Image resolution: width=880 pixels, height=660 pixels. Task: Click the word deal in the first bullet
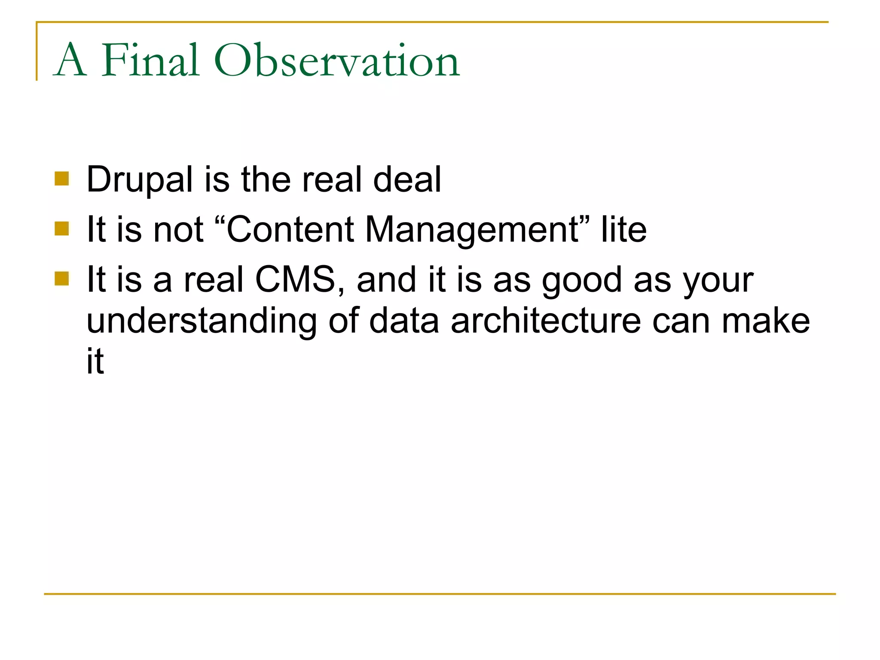pos(407,180)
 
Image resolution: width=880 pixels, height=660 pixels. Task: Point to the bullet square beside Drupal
pos(62,178)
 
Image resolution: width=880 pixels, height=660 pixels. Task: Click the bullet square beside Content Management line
pos(62,229)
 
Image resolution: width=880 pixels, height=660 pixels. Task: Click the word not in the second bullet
pos(178,229)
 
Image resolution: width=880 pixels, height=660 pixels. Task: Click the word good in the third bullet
pos(582,280)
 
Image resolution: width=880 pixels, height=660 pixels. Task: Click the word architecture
pos(546,321)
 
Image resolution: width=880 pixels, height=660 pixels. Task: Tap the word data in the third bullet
pos(403,321)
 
